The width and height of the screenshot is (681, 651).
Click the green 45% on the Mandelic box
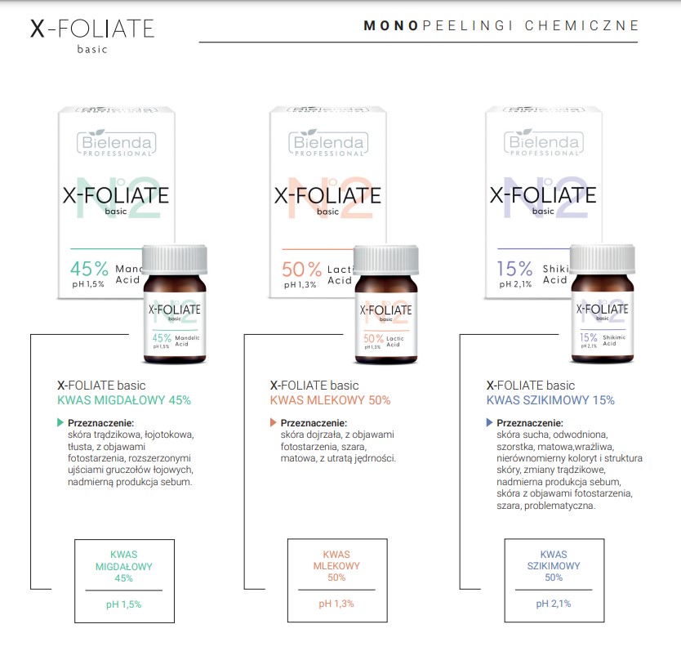(90, 268)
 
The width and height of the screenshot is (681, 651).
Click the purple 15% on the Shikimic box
(515, 268)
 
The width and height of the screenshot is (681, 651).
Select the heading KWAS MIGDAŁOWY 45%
(124, 400)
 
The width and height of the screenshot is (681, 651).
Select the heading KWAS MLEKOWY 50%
(330, 400)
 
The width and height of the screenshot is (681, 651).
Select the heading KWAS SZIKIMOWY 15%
(550, 400)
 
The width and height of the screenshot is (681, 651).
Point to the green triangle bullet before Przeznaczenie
(60, 423)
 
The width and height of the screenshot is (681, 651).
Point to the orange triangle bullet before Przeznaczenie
(273, 423)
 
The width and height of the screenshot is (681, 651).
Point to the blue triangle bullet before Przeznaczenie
(489, 423)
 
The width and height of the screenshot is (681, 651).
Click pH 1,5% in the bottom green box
(124, 604)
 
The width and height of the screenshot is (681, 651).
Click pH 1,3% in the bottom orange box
(336, 604)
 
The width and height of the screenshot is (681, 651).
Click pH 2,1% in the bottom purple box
(554, 604)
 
